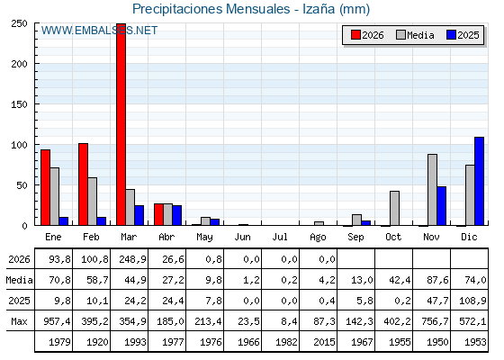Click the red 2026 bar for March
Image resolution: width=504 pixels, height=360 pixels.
point(121,124)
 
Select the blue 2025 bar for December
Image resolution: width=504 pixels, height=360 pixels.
point(479,181)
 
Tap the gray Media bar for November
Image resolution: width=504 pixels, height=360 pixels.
point(432,190)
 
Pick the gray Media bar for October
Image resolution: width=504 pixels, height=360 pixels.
point(395,208)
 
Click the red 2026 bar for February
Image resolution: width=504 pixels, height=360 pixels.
point(83,184)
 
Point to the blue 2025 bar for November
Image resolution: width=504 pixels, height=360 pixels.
point(442,206)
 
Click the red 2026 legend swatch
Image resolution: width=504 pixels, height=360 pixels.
point(355,35)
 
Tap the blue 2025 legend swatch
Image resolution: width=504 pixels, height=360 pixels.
point(451,35)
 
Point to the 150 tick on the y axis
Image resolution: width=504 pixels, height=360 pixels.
point(19,104)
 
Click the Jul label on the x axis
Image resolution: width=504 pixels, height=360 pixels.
point(280,237)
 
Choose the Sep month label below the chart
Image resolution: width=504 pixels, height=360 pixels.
point(355,238)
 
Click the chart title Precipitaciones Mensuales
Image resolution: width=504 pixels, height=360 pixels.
point(211,9)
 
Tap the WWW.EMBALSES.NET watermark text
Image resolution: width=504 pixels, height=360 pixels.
point(99,31)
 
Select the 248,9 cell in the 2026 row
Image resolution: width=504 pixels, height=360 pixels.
point(133,259)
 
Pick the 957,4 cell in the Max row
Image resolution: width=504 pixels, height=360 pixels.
point(57,321)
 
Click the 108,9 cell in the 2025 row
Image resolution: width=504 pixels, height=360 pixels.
point(472,301)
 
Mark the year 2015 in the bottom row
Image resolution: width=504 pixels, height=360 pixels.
point(324,342)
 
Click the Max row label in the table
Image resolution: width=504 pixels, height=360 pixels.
point(19,321)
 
